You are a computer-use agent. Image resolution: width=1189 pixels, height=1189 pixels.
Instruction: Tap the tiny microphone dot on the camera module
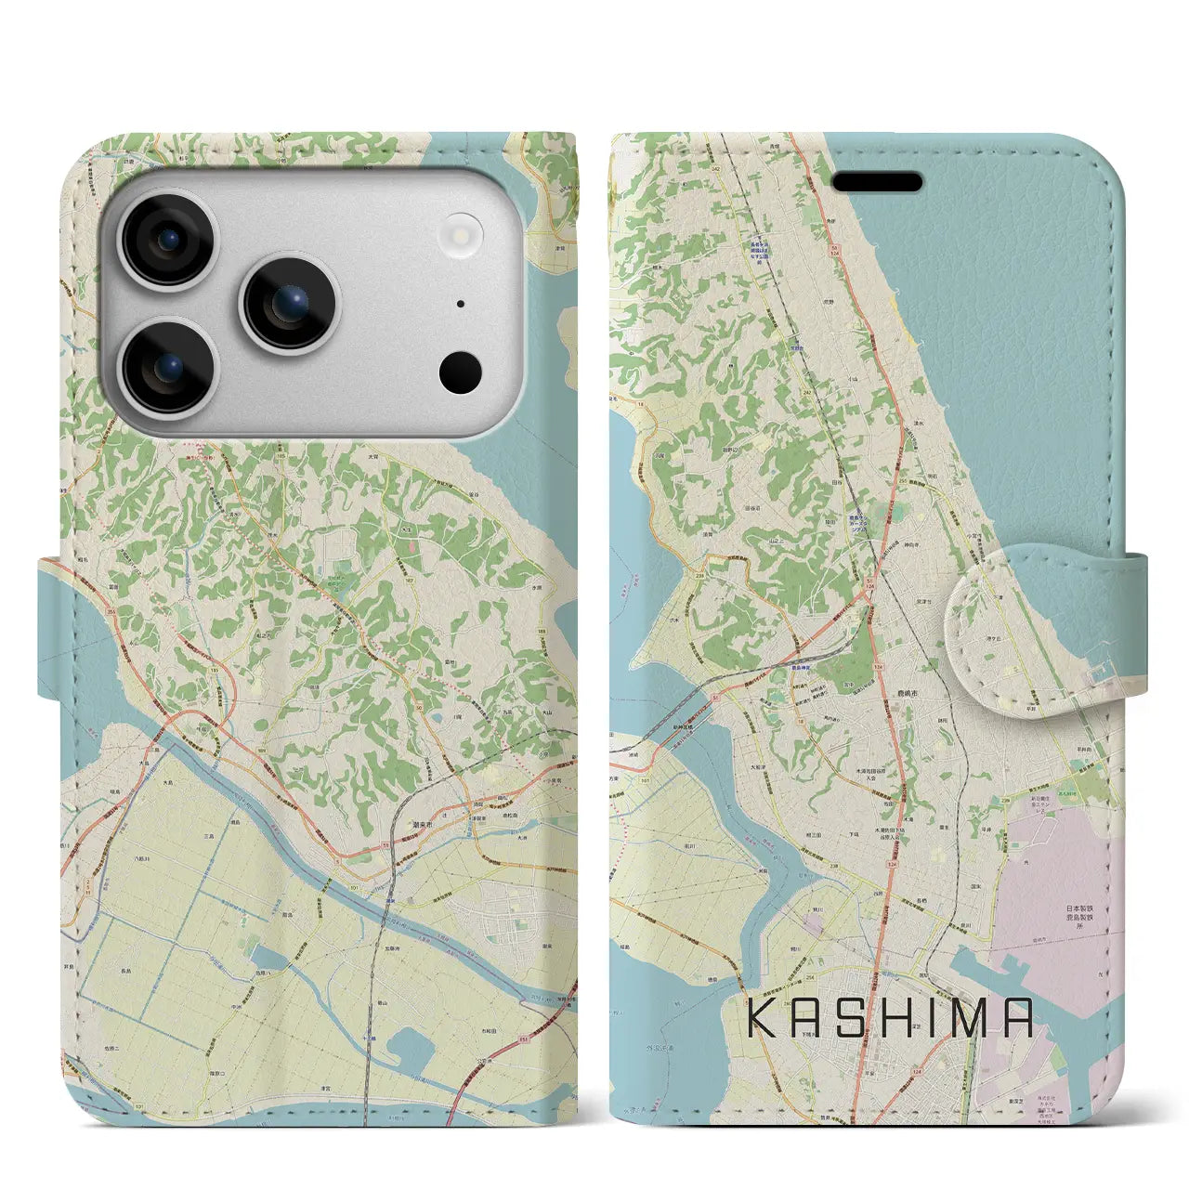tap(460, 303)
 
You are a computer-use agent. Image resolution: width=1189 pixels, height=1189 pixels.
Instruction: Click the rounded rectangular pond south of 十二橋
tap(411, 1050)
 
